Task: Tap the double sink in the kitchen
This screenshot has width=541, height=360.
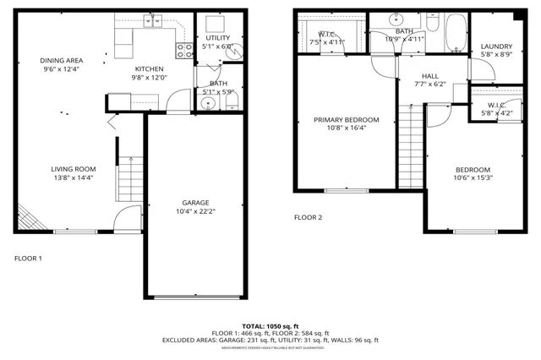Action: pos(152,21)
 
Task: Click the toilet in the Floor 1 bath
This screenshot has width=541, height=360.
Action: pos(230,103)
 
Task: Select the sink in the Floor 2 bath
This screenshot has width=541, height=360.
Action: pos(399,20)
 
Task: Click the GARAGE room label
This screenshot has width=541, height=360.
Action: pos(196,203)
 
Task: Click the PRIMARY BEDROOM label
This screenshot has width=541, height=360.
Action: pos(346,120)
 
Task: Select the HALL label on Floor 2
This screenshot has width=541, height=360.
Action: pos(430,75)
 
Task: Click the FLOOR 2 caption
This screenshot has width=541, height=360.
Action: pos(308,218)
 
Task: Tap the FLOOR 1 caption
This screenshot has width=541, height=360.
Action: pos(28,258)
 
